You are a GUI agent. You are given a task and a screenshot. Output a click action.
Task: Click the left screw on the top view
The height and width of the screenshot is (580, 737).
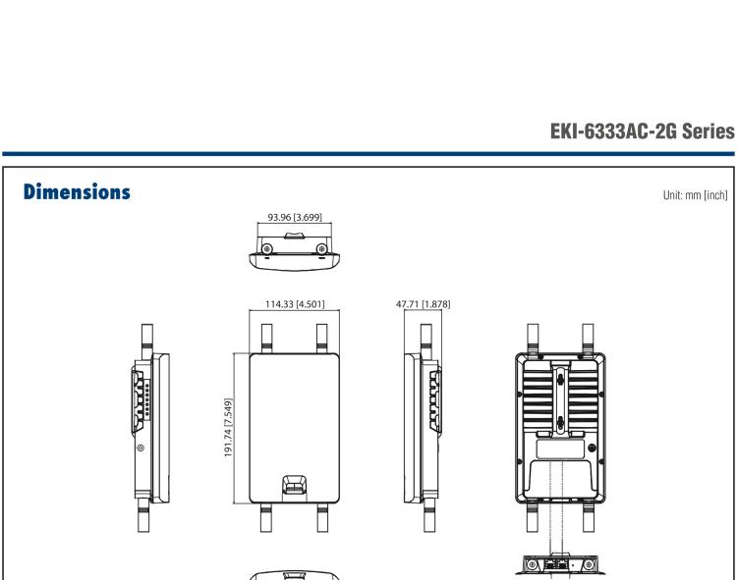(x=266, y=247)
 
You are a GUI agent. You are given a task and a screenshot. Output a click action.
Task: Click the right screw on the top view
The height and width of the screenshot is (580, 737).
(x=322, y=247)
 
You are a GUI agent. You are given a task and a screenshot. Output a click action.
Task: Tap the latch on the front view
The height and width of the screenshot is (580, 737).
(x=294, y=486)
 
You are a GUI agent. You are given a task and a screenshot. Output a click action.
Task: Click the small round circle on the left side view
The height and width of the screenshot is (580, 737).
(x=141, y=448)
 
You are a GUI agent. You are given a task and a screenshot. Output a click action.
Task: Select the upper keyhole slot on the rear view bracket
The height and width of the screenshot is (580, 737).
(x=558, y=378)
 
